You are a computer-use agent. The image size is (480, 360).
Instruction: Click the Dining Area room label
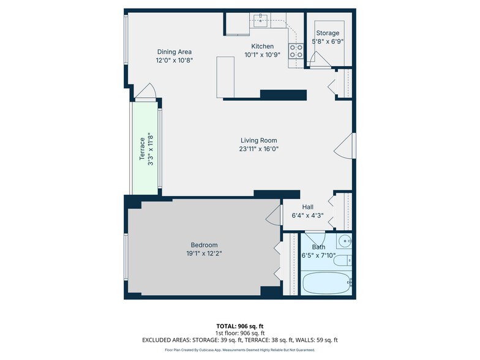174,51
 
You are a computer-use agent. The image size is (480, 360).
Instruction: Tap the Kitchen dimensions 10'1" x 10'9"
262,55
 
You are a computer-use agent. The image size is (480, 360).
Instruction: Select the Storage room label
328,33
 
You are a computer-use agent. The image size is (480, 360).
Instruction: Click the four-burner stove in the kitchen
296,51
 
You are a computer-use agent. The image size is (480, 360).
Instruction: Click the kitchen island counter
225,77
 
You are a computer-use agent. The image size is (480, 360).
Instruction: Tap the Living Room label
258,140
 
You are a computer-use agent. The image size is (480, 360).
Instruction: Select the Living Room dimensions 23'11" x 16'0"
258,149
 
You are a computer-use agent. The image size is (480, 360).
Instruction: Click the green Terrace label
142,149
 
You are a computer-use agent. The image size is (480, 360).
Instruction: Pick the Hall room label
307,207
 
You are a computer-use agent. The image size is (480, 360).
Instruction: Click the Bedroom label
204,245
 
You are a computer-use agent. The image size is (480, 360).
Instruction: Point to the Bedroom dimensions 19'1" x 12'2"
204,253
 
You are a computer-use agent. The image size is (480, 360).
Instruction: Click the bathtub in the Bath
326,283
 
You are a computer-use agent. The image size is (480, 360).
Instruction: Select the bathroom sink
344,241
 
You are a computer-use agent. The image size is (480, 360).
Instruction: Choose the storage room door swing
320,59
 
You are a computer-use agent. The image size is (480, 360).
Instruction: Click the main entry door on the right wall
344,146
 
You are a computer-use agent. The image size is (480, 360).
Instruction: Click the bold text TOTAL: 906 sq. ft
240,326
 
